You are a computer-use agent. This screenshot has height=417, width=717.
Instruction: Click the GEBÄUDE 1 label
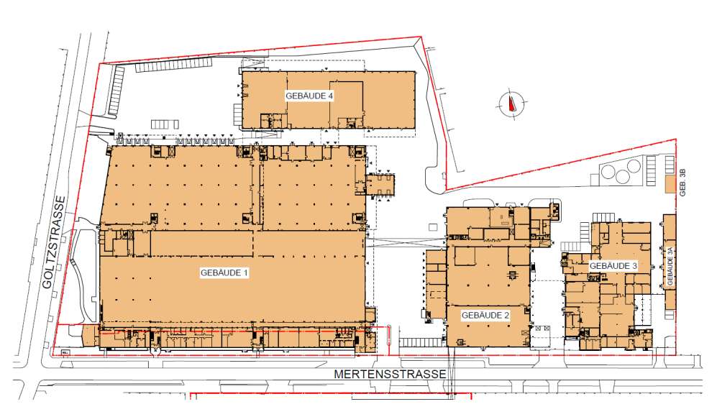[224, 273]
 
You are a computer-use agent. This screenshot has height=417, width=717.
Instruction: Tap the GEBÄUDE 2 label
[485, 316]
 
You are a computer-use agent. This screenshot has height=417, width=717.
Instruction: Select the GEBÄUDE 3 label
[613, 265]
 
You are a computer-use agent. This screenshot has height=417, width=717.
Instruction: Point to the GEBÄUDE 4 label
[309, 96]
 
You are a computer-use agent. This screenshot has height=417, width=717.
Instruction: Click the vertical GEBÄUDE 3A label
[670, 266]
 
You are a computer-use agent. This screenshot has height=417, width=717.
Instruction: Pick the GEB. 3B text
[683, 183]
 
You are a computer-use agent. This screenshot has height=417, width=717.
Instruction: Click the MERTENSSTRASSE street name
[390, 374]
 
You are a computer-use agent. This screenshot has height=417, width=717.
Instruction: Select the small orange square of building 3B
[670, 183]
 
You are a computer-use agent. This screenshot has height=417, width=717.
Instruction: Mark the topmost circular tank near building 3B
[634, 165]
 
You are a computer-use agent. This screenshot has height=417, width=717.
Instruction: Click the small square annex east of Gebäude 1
[380, 185]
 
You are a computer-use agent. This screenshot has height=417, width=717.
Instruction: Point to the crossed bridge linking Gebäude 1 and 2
[407, 242]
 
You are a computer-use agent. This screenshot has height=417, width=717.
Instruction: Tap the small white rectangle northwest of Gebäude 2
[433, 226]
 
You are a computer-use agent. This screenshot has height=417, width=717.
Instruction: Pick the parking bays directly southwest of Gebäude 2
[421, 342]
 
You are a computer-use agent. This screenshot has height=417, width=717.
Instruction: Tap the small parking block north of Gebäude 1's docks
[165, 124]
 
